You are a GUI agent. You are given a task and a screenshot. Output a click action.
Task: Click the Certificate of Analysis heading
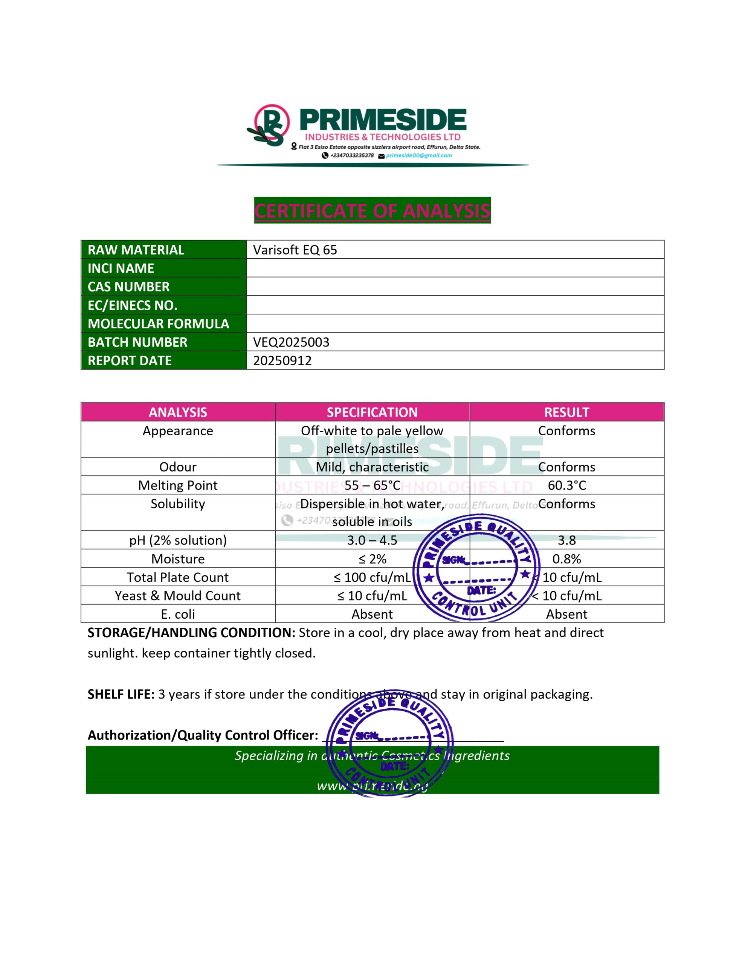(372, 210)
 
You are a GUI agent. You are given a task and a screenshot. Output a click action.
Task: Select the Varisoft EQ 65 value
(295, 250)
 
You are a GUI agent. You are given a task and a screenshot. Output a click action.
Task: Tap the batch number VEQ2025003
(291, 342)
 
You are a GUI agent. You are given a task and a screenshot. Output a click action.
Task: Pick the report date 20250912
(282, 361)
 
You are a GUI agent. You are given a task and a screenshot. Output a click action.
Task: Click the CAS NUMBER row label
(128, 287)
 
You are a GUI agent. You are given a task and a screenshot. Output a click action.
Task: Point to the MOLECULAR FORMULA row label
(158, 323)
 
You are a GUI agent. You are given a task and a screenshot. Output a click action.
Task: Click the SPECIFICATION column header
(372, 412)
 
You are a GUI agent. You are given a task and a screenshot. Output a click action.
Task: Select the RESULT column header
(566, 412)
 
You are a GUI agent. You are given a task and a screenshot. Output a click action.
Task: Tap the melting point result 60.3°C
(566, 485)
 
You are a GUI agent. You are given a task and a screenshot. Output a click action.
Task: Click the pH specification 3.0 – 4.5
(372, 540)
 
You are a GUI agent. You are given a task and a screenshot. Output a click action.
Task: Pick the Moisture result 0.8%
(566, 559)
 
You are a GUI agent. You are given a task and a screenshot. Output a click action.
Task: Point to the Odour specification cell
(372, 467)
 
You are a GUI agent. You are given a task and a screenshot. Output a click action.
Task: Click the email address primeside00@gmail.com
(419, 156)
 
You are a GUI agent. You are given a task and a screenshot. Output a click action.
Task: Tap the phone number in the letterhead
(351, 156)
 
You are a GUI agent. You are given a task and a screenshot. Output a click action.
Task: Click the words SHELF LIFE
(121, 694)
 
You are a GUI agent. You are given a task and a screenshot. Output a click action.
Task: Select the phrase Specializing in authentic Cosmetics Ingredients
(372, 756)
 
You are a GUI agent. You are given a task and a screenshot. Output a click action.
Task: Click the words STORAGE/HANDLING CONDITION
(191, 633)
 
